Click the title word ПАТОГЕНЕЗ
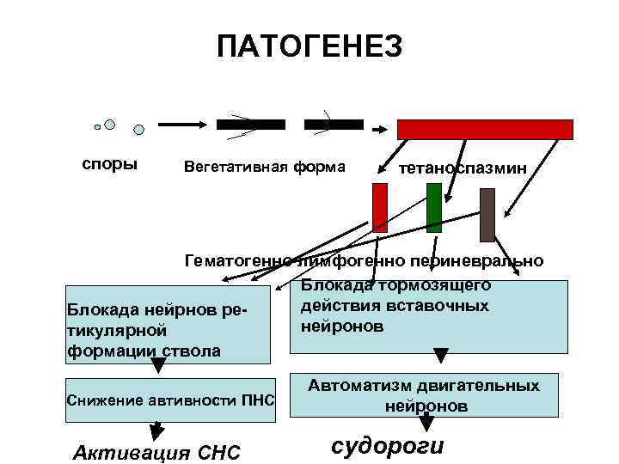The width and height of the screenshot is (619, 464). click(309, 47)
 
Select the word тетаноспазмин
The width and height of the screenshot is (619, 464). click(460, 168)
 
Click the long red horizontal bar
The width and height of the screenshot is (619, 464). click(484, 129)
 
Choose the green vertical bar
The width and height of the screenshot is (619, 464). click(434, 207)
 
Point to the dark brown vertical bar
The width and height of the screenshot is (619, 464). click(487, 214)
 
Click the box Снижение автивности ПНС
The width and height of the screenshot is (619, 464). click(169, 400)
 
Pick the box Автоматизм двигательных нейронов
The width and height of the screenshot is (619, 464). click(427, 396)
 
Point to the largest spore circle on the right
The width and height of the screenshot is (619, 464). click(138, 131)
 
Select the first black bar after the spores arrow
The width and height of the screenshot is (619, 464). click(251, 125)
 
